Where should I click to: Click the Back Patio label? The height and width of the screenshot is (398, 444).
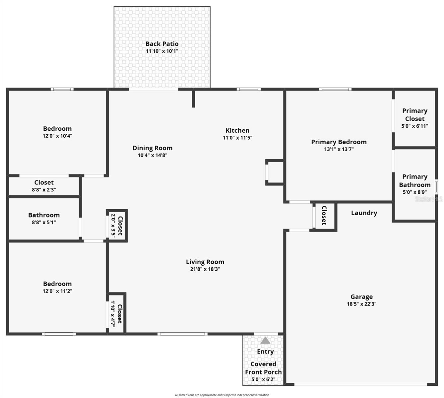tap(162, 44)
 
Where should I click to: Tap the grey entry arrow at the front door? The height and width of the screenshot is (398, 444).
tap(265, 340)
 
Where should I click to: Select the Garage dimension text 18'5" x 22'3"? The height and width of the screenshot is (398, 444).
tap(361, 304)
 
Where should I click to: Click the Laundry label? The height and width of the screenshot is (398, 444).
tap(364, 213)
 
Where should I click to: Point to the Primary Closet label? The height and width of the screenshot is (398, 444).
tap(414, 115)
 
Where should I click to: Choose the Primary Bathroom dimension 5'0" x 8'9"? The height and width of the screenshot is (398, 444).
tap(414, 192)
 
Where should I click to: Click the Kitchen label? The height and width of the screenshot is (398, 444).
tap(237, 130)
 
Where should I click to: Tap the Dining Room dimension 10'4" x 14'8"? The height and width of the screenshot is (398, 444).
tap(153, 155)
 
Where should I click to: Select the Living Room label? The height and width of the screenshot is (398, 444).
tap(205, 262)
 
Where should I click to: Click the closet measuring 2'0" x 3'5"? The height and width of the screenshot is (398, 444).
tap(117, 226)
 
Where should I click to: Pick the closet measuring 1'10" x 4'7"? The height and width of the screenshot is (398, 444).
tap(116, 314)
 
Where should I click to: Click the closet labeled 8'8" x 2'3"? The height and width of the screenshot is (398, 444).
tap(44, 186)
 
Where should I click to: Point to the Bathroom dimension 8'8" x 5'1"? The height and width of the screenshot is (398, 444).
tap(44, 223)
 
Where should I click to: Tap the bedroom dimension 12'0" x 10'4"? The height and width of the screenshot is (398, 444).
tap(57, 136)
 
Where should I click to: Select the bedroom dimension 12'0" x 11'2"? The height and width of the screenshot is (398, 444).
tap(57, 291)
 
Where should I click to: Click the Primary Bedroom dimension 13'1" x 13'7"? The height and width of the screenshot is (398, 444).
tap(339, 149)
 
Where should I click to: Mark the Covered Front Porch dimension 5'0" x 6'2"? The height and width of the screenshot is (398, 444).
tap(263, 379)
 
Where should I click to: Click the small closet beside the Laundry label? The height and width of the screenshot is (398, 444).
tap(324, 215)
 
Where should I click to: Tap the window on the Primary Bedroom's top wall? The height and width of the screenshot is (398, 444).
tap(335, 89)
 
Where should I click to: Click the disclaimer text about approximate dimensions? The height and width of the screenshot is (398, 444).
tap(222, 395)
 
